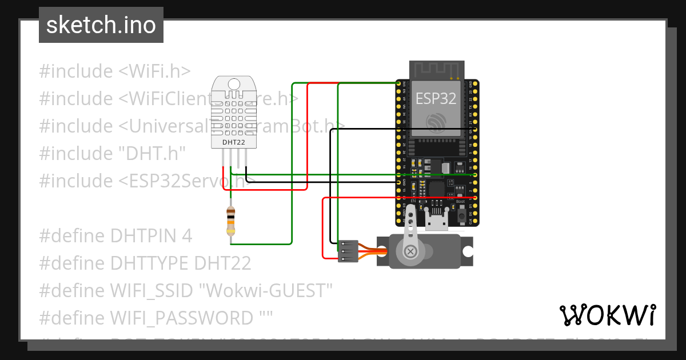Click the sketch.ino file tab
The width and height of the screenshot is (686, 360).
tap(101, 25)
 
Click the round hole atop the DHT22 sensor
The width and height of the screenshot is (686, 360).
tap(234, 85)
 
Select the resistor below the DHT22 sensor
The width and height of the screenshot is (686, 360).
tap(230, 222)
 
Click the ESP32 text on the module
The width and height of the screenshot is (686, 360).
tap(436, 98)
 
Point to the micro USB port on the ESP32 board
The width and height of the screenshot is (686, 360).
tap(437, 222)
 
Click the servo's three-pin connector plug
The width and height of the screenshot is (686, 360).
tap(348, 251)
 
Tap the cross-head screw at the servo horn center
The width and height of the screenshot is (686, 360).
tap(410, 251)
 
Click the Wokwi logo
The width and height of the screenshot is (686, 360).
tap(607, 315)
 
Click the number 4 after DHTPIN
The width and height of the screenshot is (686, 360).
tap(187, 236)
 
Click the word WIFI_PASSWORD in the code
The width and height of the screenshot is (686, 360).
tap(181, 318)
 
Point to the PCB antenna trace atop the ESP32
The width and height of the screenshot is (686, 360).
tap(436, 70)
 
